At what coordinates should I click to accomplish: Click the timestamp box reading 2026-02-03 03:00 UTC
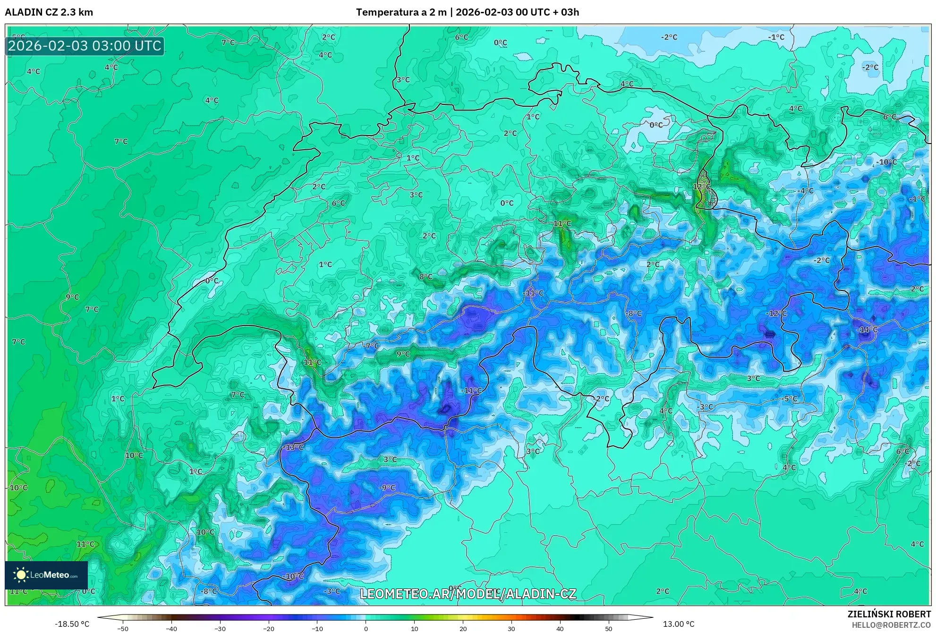coord(85,46)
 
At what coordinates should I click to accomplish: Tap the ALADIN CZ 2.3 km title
coord(49,12)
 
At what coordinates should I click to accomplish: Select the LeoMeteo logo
coord(46,575)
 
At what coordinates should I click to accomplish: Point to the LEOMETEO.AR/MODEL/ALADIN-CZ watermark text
coord(468,594)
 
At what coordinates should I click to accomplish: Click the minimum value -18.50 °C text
coord(72,624)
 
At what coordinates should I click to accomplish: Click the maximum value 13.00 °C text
coord(678,624)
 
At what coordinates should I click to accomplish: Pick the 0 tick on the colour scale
coord(366,628)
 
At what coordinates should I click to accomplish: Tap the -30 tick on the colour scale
coord(220,628)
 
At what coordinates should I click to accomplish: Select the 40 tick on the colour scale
coord(560,628)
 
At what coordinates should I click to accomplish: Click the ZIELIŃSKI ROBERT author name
coord(889,614)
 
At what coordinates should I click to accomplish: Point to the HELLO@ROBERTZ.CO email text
coord(891,625)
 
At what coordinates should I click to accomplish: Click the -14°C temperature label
coord(867,330)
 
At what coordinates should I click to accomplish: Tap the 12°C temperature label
coord(701,187)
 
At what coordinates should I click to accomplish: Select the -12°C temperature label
coord(776,313)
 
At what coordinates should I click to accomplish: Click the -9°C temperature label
coord(387,487)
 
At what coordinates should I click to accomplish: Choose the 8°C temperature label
coord(425,277)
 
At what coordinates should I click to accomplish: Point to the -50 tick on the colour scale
coord(123,628)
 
